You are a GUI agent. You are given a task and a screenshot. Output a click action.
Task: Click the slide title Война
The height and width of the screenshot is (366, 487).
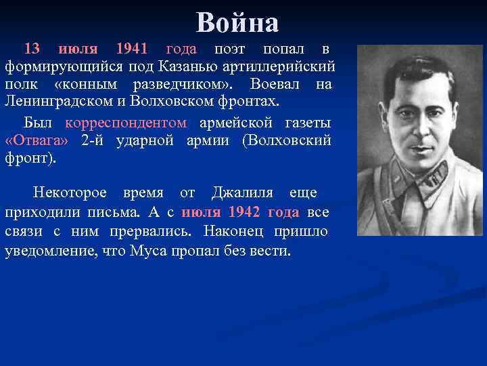point(237,23)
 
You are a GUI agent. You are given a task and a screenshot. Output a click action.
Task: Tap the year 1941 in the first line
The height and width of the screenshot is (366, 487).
point(132,49)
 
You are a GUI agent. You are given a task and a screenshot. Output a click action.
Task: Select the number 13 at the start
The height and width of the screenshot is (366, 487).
point(32,49)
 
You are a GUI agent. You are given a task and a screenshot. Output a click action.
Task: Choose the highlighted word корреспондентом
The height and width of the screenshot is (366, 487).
point(126,123)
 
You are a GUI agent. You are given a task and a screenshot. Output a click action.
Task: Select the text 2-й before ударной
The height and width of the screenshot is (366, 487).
point(93,141)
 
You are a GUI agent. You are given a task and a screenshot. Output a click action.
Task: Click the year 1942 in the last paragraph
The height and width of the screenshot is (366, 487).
point(243,211)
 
